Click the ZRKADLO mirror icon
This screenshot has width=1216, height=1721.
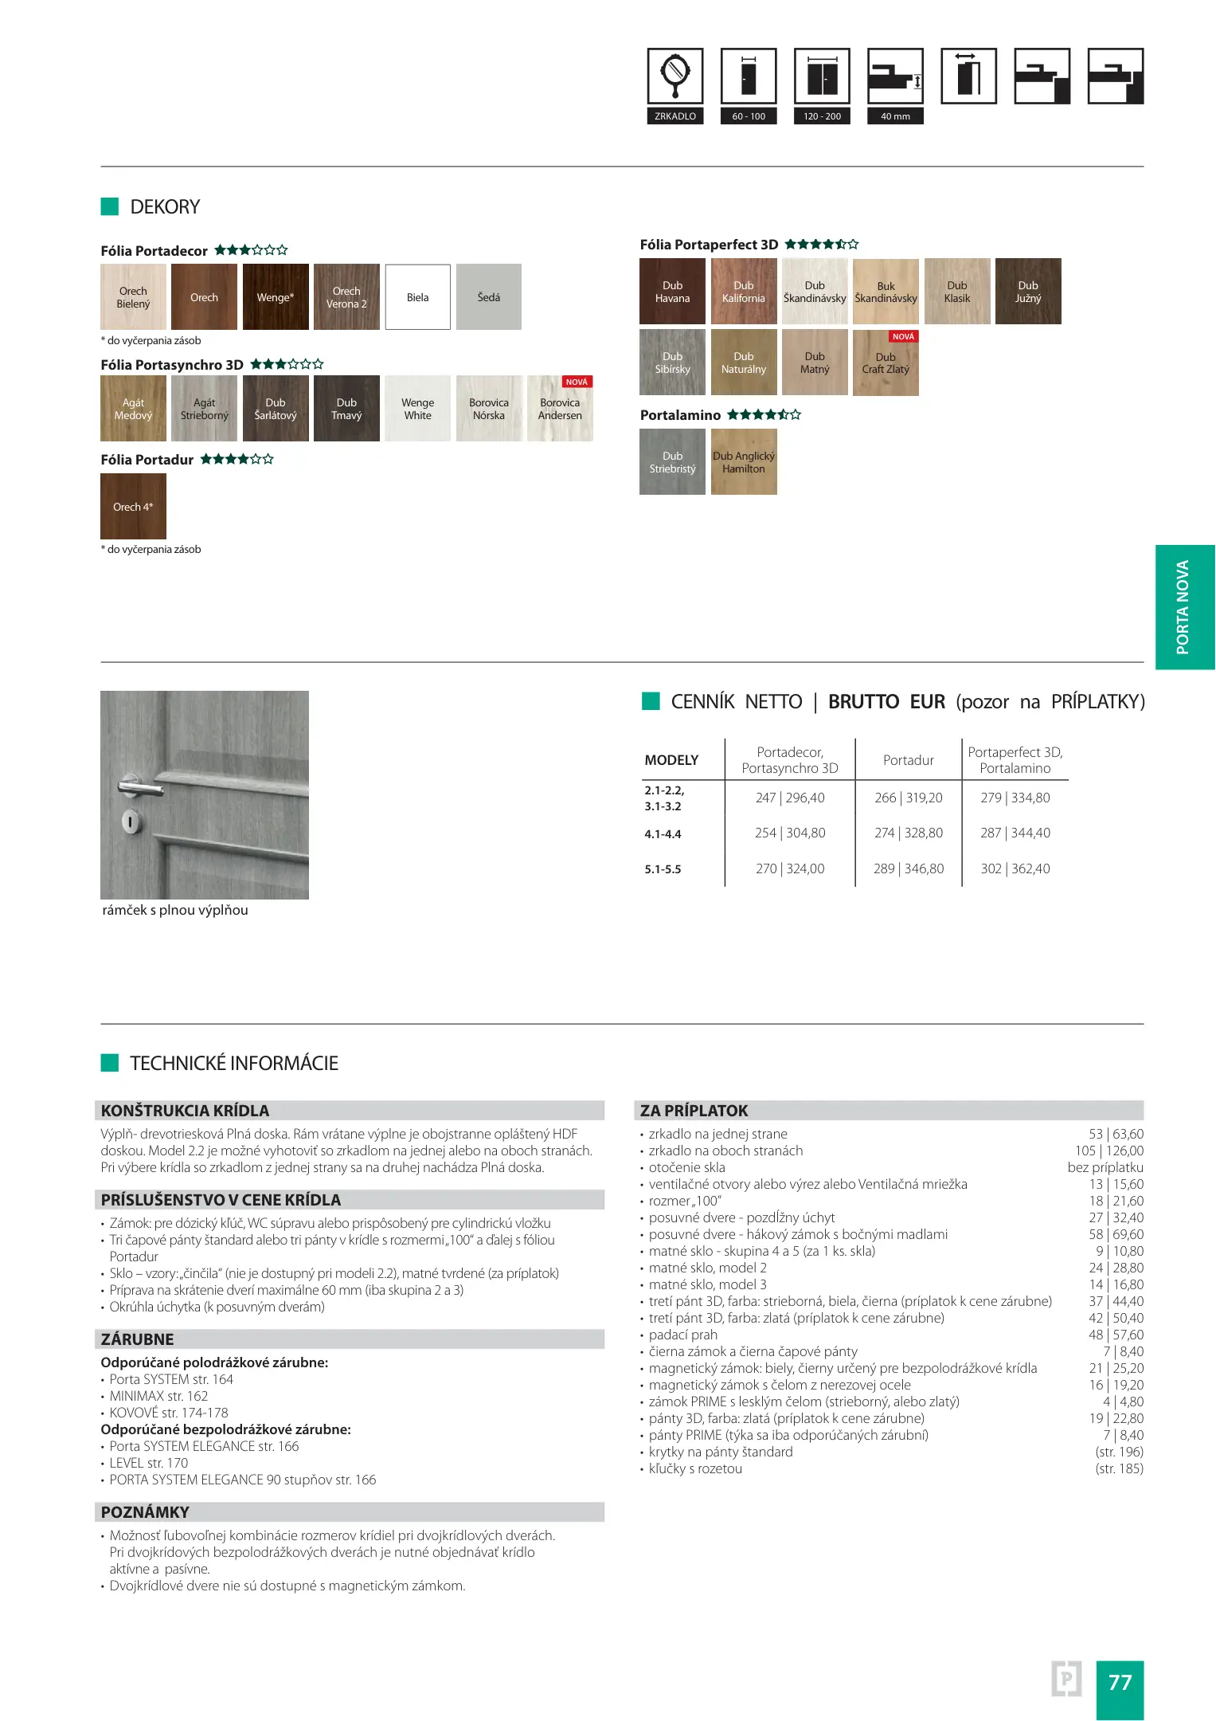[x=674, y=76]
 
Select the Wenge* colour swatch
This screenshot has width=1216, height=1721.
[x=276, y=297]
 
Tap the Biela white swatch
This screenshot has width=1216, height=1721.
[x=417, y=297]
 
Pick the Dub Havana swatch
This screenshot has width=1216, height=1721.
[x=672, y=292]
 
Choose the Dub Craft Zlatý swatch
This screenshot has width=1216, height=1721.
[x=886, y=363]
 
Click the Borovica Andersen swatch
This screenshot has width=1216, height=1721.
[x=560, y=409]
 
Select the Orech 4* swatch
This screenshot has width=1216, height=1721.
[x=133, y=507]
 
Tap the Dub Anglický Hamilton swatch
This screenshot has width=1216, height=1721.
[x=743, y=462]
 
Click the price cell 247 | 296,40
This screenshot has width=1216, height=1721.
[x=790, y=798]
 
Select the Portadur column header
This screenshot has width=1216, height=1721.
[x=908, y=760]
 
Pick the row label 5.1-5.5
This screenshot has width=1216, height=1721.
[x=663, y=869]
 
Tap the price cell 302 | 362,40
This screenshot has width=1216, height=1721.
[x=1015, y=868]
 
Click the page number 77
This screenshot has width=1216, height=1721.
[x=1120, y=1682]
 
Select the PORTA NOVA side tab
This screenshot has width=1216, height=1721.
[x=1184, y=607]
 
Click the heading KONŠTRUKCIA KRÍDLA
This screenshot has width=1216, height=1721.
[x=185, y=1111]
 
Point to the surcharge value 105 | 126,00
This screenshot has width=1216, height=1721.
[x=1108, y=1151]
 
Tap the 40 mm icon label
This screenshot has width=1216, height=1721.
[x=895, y=116]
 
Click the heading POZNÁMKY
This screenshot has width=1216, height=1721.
[x=145, y=1512]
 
